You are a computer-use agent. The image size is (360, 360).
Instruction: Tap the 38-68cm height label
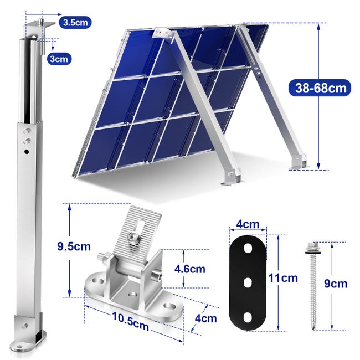click(x=320, y=87)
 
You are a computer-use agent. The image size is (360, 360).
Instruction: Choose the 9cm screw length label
click(x=336, y=284)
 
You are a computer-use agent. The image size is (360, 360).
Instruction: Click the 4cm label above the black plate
click(x=248, y=224)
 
